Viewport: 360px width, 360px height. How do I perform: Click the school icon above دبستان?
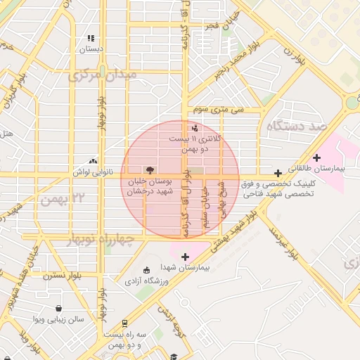point(90,39)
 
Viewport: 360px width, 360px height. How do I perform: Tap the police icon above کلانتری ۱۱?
point(195,128)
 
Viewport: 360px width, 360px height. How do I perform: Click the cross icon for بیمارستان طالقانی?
point(317,157)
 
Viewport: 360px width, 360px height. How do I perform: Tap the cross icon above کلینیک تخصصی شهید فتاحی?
point(278,173)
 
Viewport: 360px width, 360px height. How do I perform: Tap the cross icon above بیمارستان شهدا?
point(185,257)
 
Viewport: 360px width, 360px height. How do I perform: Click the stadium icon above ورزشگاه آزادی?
point(146,271)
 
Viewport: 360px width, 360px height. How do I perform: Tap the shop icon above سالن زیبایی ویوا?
point(58,308)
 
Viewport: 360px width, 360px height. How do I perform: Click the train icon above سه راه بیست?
point(124,323)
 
